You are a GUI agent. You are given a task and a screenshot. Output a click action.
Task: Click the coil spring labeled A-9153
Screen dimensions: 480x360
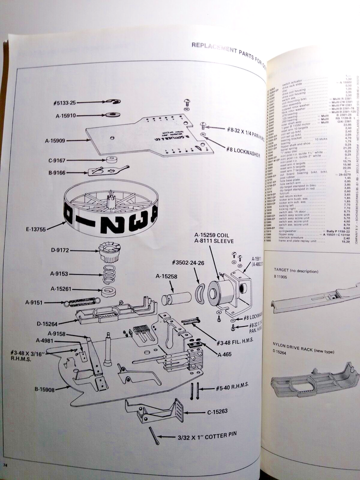pos(109,274)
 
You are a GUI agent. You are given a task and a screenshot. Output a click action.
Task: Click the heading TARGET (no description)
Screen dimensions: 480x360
pos(297,270)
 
